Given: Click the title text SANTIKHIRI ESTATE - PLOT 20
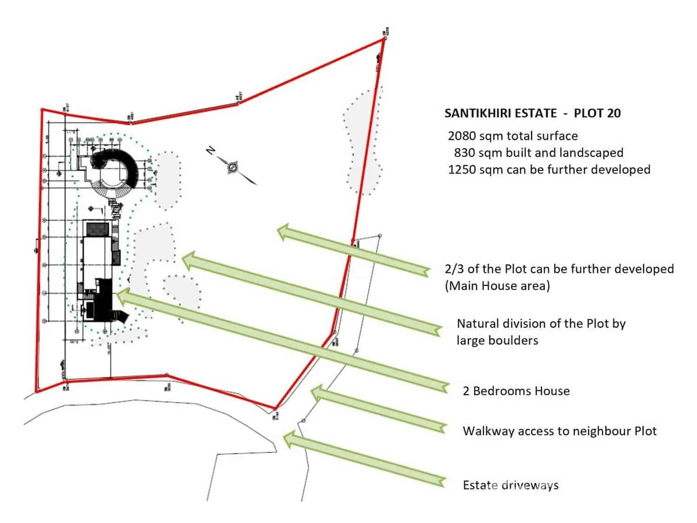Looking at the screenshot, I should click(532, 113).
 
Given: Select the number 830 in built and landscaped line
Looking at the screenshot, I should click(464, 152).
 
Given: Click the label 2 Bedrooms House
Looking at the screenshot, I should click(516, 391).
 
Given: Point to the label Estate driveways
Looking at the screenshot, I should click(510, 485).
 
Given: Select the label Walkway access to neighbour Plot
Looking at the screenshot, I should click(559, 430).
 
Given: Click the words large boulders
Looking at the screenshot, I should click(497, 340).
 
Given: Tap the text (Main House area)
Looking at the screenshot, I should click(497, 285).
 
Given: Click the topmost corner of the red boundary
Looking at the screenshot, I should click(384, 39).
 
